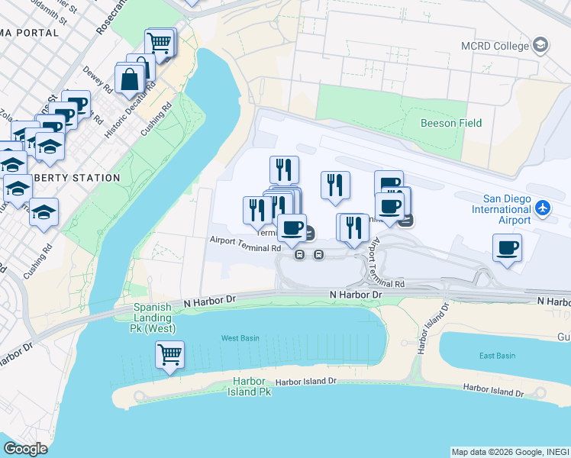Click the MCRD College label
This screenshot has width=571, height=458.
pyautogui.click(x=494, y=46)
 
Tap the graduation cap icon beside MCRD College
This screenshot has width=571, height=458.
pyautogui.click(x=541, y=45)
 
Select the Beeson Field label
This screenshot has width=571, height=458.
pyautogui.click(x=451, y=123)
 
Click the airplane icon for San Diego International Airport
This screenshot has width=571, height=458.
pyautogui.click(x=543, y=207)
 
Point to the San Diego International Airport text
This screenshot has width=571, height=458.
pyautogui.click(x=501, y=209)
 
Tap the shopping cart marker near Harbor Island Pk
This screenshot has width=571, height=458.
pyautogui.click(x=169, y=354)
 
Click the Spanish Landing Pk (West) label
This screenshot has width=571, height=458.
pyautogui.click(x=154, y=318)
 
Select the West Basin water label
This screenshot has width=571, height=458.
pyautogui.click(x=240, y=337)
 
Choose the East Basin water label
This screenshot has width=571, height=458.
pyautogui.click(x=497, y=356)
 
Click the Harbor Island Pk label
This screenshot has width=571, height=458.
pyautogui.click(x=249, y=386)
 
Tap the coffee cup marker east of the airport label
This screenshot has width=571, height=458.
pyautogui.click(x=508, y=248)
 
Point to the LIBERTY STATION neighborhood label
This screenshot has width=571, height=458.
pyautogui.click(x=84, y=178)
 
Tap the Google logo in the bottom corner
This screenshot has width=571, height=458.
pyautogui.click(x=25, y=449)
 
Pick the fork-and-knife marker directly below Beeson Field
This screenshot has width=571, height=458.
pyautogui.click(x=335, y=185)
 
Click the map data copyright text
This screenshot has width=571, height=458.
pyautogui.click(x=509, y=452)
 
